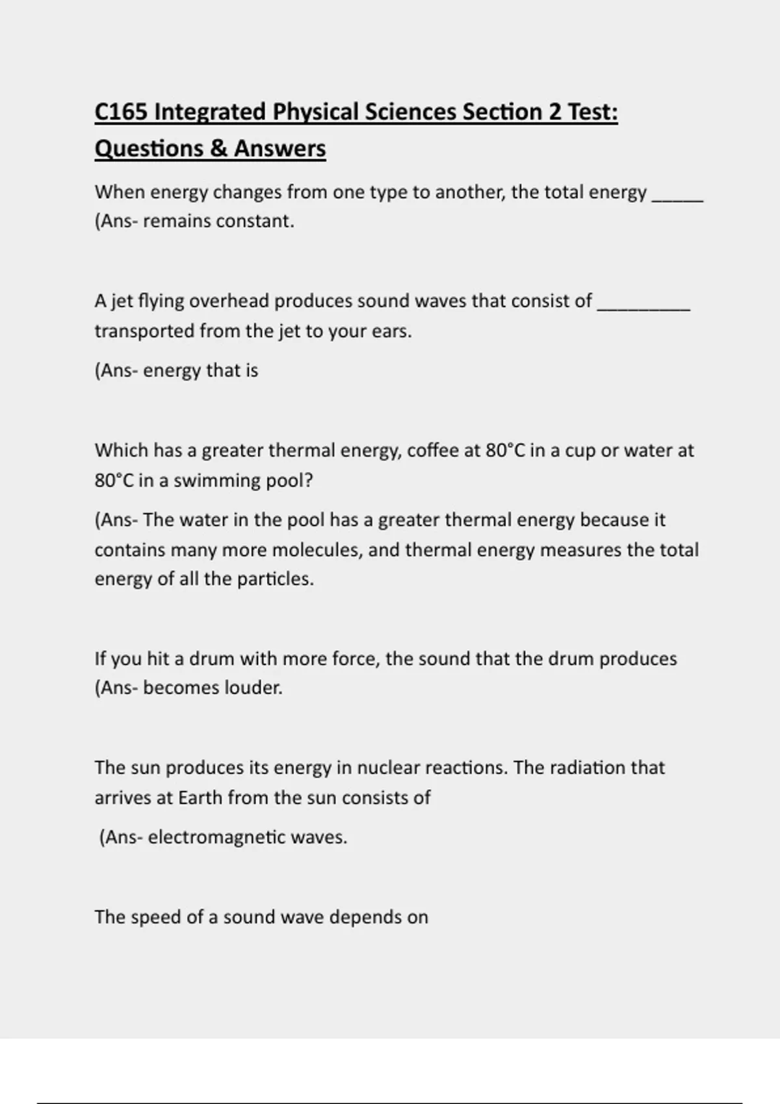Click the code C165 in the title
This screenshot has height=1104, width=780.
(x=121, y=112)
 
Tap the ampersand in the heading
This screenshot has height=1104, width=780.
(x=219, y=148)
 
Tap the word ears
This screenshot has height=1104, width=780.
(x=391, y=331)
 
